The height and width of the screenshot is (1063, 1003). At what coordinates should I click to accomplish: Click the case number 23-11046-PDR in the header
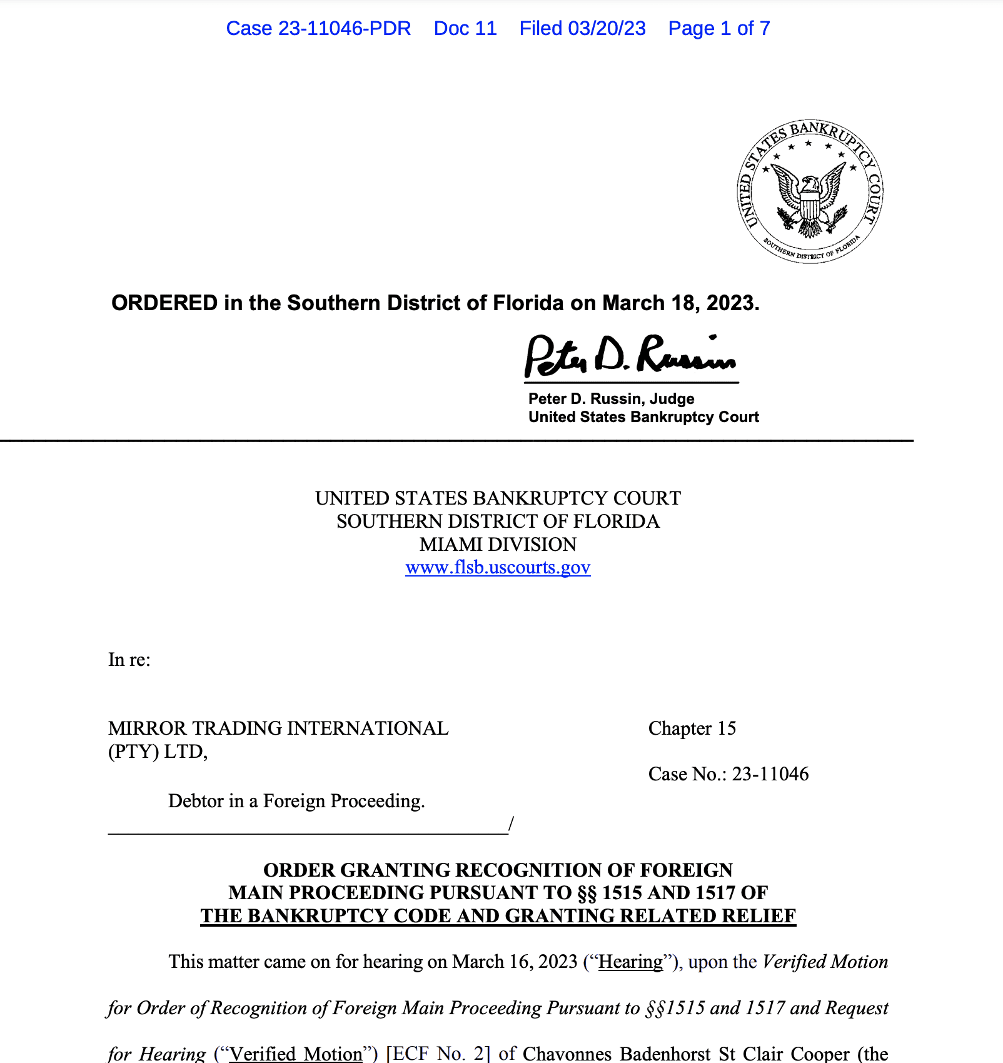click(x=318, y=28)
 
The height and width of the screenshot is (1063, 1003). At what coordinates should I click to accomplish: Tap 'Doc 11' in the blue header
click(x=465, y=28)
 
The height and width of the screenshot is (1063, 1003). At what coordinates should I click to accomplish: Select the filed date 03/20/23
click(x=607, y=28)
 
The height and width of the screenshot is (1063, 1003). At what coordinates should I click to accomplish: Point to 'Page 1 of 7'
click(x=719, y=28)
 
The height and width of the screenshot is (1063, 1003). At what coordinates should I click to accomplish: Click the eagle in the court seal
click(x=810, y=194)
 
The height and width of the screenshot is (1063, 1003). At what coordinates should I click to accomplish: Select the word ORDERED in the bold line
click(x=164, y=303)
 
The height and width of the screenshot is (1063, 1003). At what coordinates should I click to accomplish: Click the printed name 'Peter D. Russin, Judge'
click(x=611, y=399)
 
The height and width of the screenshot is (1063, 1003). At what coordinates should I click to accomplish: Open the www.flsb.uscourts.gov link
click(x=498, y=567)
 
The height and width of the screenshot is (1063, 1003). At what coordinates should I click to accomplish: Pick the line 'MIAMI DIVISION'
click(x=498, y=544)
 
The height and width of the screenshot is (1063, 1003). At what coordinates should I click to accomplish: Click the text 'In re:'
click(x=129, y=660)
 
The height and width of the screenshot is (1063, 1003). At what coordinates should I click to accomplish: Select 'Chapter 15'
click(x=692, y=728)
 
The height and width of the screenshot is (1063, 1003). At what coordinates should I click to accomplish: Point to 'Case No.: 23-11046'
click(x=728, y=774)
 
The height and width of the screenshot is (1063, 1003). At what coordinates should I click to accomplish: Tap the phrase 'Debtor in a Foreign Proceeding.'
click(x=296, y=801)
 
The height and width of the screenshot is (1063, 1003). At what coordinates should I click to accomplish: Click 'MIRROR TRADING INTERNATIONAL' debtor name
click(x=278, y=728)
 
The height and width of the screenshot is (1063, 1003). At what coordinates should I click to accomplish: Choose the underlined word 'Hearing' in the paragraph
click(x=630, y=962)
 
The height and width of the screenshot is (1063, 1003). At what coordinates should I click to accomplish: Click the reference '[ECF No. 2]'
click(x=438, y=1054)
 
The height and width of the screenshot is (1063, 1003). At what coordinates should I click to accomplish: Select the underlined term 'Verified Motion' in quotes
click(x=296, y=1054)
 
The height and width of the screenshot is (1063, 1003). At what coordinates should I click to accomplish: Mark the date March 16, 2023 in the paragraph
click(x=515, y=962)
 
